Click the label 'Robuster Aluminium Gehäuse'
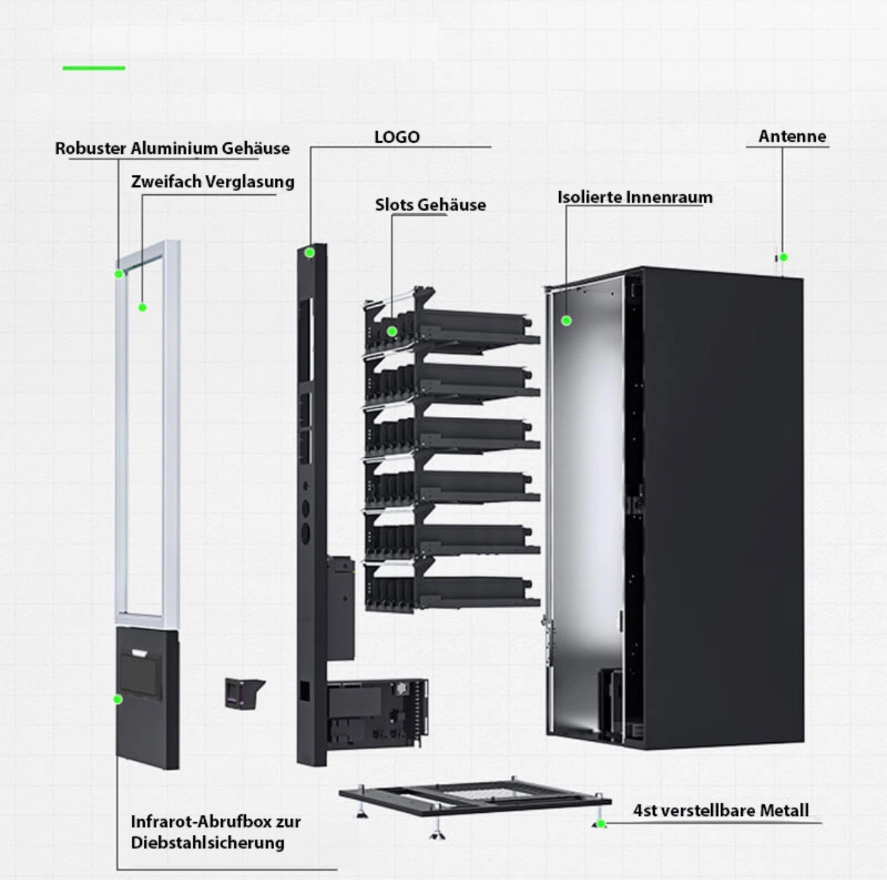[x=172, y=149]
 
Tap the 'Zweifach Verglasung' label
[x=212, y=182]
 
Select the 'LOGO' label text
[x=396, y=137]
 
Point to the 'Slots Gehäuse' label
[x=430, y=205]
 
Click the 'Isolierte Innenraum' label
[x=634, y=198]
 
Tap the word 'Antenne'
[x=792, y=136]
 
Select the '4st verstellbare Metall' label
[x=720, y=811]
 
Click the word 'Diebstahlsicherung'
[x=208, y=842]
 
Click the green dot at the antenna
[x=784, y=257]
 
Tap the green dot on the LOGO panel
[x=310, y=253]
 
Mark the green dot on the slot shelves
[x=392, y=331]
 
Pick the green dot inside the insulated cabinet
[x=566, y=321]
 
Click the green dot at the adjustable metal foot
[x=601, y=824]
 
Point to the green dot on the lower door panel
[x=118, y=699]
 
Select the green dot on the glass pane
[x=142, y=308]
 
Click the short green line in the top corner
[x=94, y=68]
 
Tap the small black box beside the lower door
[x=243, y=693]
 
